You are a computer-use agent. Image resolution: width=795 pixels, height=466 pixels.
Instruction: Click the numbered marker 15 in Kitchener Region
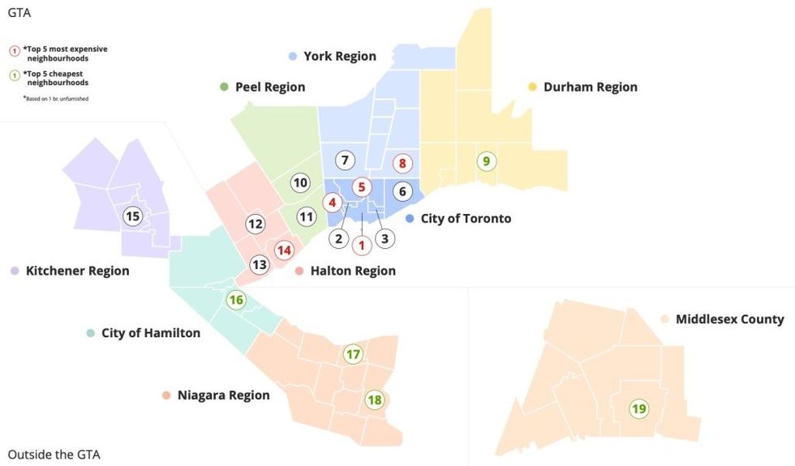(x=132, y=216)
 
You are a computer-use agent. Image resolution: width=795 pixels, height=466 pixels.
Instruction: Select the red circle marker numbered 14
(x=283, y=250)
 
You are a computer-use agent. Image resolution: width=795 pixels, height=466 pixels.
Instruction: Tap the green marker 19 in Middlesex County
(x=639, y=408)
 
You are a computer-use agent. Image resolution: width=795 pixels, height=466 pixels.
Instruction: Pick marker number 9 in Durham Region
(x=486, y=161)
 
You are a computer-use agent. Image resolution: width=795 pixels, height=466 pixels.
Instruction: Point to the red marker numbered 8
(x=401, y=163)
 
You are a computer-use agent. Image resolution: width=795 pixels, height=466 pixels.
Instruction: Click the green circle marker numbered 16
(x=236, y=300)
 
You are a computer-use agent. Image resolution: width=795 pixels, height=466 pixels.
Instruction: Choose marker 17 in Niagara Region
(x=353, y=354)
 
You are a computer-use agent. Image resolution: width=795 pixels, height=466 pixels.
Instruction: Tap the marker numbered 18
(x=374, y=400)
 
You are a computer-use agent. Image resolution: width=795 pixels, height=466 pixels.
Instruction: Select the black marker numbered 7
(x=345, y=160)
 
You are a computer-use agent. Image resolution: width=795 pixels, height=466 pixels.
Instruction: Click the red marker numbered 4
(x=331, y=202)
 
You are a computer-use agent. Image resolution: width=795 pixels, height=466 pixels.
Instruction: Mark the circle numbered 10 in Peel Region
(x=300, y=182)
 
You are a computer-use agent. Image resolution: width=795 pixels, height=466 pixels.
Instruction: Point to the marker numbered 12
(x=256, y=224)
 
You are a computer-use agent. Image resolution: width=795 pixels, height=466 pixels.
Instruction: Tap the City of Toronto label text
(x=466, y=219)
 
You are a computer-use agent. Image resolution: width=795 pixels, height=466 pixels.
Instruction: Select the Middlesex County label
(x=729, y=319)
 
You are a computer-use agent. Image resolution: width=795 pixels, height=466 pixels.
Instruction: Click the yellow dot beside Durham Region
(x=533, y=87)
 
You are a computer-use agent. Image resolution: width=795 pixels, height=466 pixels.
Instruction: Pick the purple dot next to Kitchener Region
(x=15, y=271)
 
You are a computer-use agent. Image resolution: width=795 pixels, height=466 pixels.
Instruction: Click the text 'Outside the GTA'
(x=54, y=454)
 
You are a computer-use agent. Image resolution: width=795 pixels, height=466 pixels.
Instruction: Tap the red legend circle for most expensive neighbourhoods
(x=14, y=50)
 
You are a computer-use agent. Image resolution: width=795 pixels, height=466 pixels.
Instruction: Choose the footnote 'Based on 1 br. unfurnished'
(x=56, y=98)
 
